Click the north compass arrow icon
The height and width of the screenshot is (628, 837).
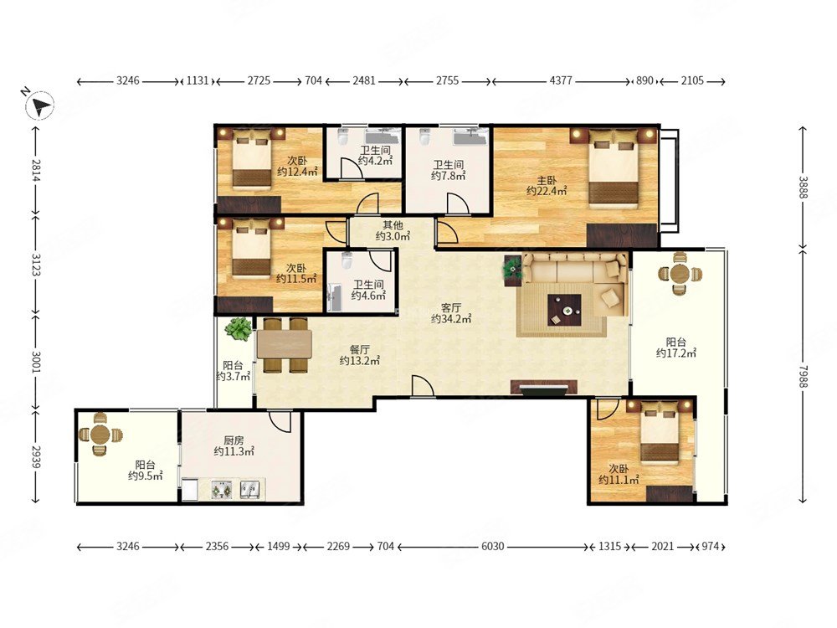tap(40, 105)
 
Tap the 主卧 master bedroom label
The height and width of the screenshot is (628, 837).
tap(546, 180)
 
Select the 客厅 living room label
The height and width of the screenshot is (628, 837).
tap(451, 307)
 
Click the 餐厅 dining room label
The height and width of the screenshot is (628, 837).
tap(359, 349)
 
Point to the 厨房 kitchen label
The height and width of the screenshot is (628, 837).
tap(234, 440)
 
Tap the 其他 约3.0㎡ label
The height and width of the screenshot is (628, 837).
tap(393, 231)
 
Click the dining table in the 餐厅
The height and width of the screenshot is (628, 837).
tap(284, 344)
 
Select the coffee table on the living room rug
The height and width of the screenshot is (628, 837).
tap(564, 310)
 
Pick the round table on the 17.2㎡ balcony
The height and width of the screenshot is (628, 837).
tap(680, 274)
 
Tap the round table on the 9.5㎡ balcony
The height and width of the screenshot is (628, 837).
tap(100, 434)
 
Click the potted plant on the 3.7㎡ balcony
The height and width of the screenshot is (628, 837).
tap(238, 329)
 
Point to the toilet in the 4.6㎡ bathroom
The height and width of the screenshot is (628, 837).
tap(347, 261)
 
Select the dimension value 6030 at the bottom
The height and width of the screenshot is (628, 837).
tap(492, 546)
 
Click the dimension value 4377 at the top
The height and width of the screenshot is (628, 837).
tap(561, 80)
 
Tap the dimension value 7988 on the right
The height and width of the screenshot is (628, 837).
tap(804, 377)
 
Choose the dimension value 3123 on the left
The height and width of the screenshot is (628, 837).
tap(35, 265)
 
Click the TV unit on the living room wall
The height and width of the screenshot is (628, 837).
tap(544, 388)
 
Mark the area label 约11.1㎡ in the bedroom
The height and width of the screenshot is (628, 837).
tap(619, 480)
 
